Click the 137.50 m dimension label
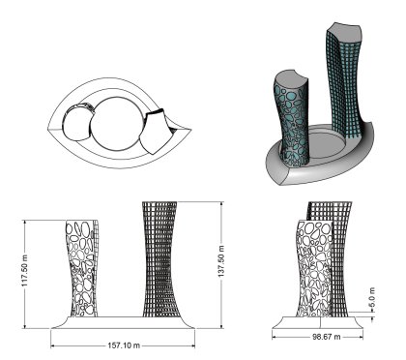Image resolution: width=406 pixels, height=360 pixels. click(221, 261)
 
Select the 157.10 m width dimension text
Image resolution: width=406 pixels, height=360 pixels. click(124, 345)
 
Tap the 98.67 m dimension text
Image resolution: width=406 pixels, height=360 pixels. click(326, 337)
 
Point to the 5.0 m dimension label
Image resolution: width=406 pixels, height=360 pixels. click(372, 297)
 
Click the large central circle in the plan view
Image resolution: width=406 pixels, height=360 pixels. click(116, 124)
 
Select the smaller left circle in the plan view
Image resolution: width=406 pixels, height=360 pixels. click(76, 124)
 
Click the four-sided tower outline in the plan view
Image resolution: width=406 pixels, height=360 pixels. click(156, 132)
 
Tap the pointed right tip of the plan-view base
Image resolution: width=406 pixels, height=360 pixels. click(191, 130)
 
